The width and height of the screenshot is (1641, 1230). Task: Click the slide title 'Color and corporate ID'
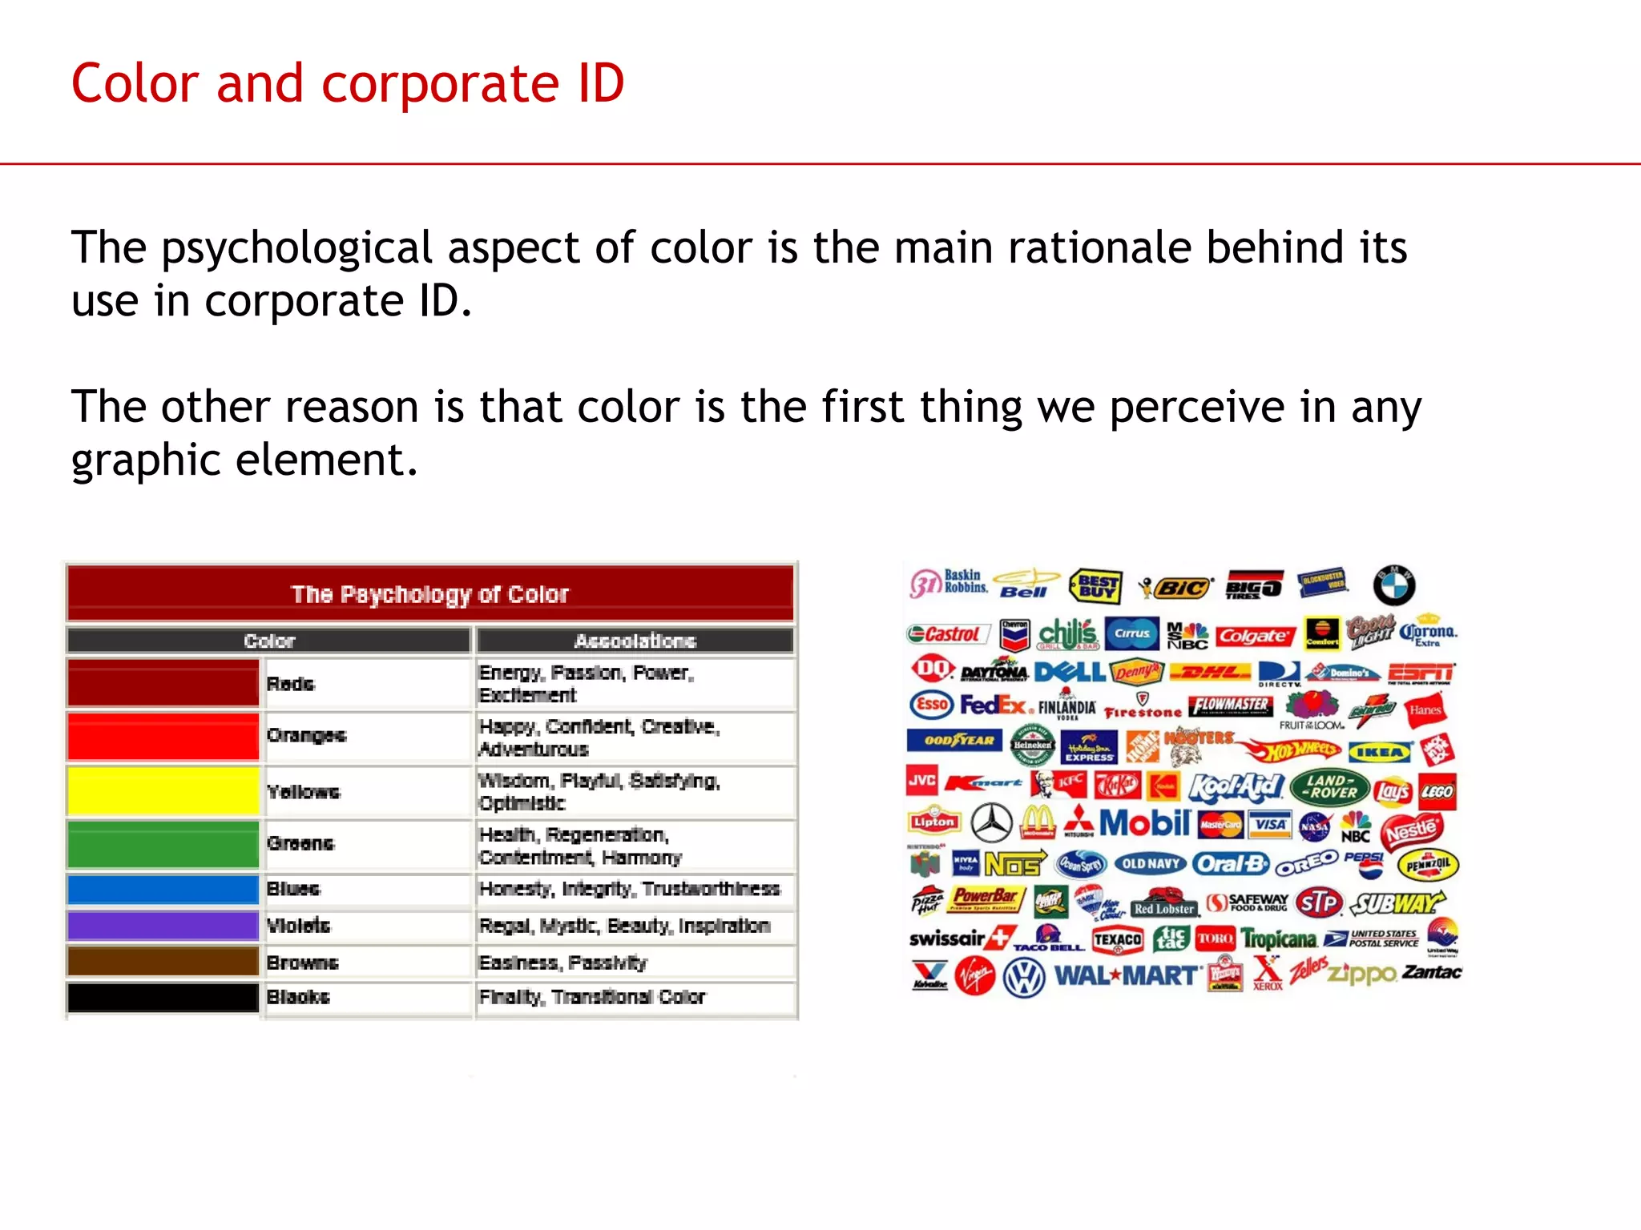pyautogui.click(x=348, y=83)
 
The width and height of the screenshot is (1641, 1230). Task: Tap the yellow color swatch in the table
pyautogui.click(x=163, y=791)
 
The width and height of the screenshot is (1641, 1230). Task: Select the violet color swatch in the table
pyautogui.click(x=163, y=926)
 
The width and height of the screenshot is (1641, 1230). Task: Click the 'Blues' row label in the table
pyautogui.click(x=293, y=889)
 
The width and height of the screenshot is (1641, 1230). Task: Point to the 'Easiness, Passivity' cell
pyautogui.click(x=562, y=963)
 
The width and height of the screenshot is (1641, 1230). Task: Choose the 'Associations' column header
pyautogui.click(x=635, y=641)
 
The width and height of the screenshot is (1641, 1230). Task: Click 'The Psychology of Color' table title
pyautogui.click(x=430, y=594)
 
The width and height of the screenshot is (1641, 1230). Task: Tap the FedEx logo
pyautogui.click(x=993, y=705)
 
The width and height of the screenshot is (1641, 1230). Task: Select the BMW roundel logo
pyautogui.click(x=1393, y=585)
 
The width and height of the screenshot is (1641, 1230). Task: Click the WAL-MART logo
pyautogui.click(x=1128, y=976)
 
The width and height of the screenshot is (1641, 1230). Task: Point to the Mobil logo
pyautogui.click(x=1145, y=822)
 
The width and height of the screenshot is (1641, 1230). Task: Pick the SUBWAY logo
pyautogui.click(x=1397, y=903)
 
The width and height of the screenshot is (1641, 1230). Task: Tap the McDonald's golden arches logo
pyautogui.click(x=1038, y=822)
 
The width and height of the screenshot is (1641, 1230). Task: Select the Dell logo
pyautogui.click(x=1070, y=671)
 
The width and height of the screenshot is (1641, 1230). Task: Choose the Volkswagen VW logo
pyautogui.click(x=1024, y=978)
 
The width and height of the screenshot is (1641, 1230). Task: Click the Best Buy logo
pyautogui.click(x=1096, y=587)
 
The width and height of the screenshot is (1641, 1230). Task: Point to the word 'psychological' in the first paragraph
pyautogui.click(x=296, y=247)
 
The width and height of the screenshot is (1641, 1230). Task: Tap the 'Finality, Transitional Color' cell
pyautogui.click(x=592, y=997)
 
